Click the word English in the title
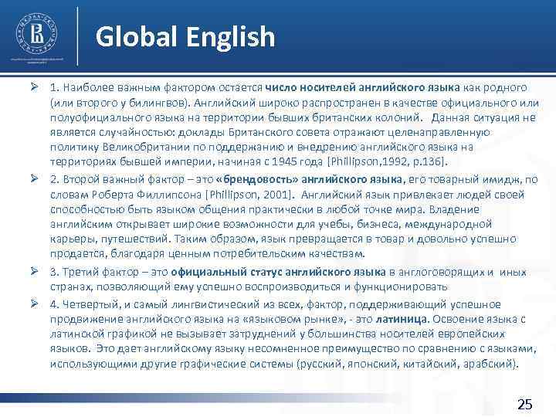228,36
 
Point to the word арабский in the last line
488,364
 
